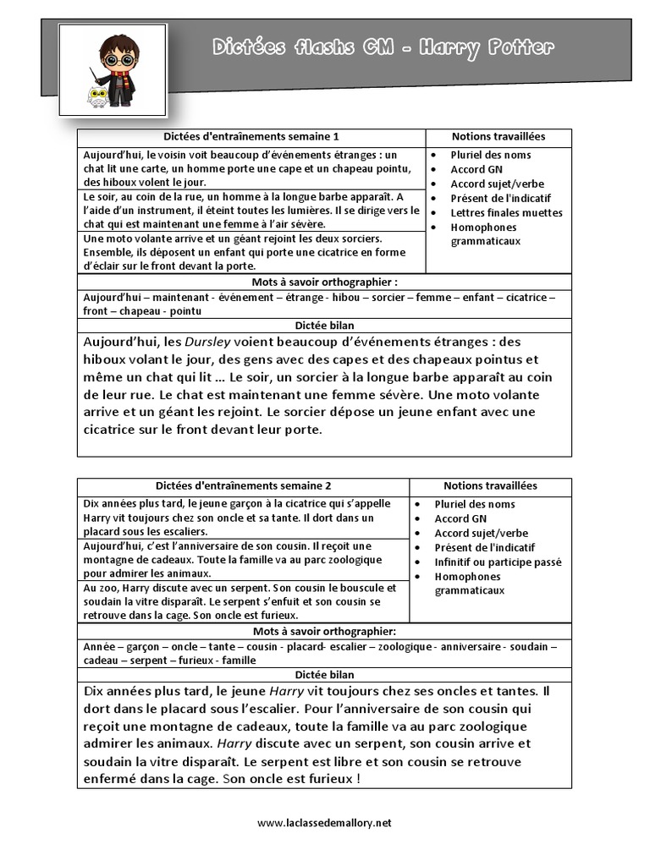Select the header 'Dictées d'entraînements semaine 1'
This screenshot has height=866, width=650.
(251, 137)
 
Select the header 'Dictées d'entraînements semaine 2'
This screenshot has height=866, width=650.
(244, 486)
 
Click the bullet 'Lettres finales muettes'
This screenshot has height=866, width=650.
(506, 213)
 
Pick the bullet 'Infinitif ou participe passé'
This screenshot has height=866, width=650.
(498, 562)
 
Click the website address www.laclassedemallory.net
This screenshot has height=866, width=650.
(324, 822)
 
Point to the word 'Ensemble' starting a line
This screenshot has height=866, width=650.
(105, 253)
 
